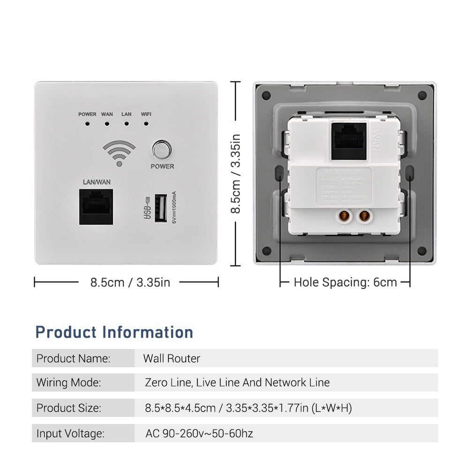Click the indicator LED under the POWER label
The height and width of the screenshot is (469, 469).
pyautogui.click(x=87, y=124)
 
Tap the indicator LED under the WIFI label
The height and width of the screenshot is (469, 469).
pyautogui.click(x=146, y=124)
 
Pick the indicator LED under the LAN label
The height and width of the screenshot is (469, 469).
pyautogui.click(x=126, y=124)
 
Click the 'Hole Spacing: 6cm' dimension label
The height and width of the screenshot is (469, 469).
pyautogui.click(x=345, y=282)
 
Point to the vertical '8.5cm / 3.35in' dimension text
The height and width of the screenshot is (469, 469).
pyautogui.click(x=236, y=174)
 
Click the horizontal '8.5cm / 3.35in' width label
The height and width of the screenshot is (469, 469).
pyautogui.click(x=130, y=282)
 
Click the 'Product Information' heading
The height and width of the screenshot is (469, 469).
pyautogui.click(x=114, y=332)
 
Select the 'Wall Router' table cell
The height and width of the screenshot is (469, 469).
pyautogui.click(x=172, y=359)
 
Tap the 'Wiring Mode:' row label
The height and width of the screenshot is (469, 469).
pyautogui.click(x=68, y=383)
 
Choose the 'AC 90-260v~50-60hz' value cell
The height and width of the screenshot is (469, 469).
pyautogui.click(x=199, y=433)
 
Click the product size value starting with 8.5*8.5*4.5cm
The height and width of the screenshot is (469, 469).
pyautogui.click(x=249, y=408)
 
